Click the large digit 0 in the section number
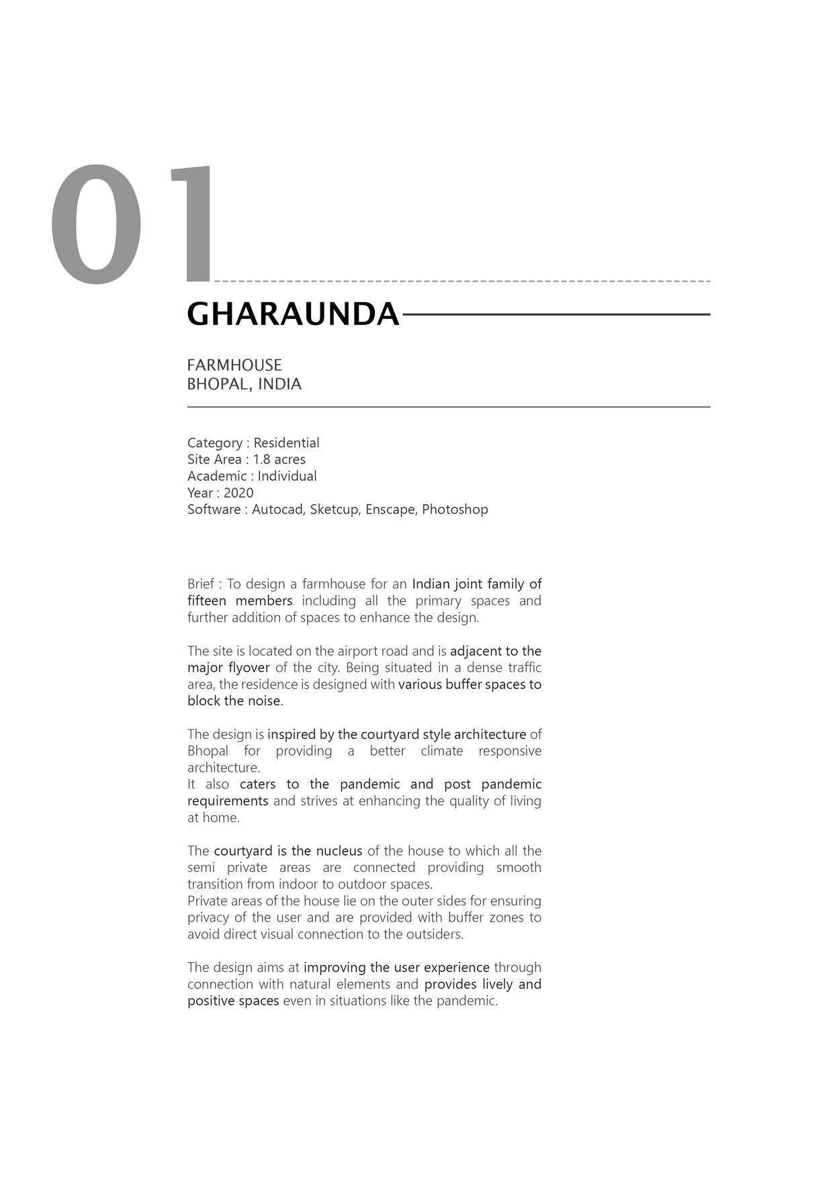[x=97, y=224]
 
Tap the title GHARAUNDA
[x=293, y=314]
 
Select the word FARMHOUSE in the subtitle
[x=234, y=365]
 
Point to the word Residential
[x=286, y=443]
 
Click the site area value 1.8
[x=261, y=459]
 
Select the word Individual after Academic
[x=287, y=476]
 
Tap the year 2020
[x=238, y=493]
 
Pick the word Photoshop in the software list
[x=455, y=510]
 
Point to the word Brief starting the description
[x=201, y=584]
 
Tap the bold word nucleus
[x=339, y=851]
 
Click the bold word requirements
[x=228, y=801]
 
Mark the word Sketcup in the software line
[x=334, y=510]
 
